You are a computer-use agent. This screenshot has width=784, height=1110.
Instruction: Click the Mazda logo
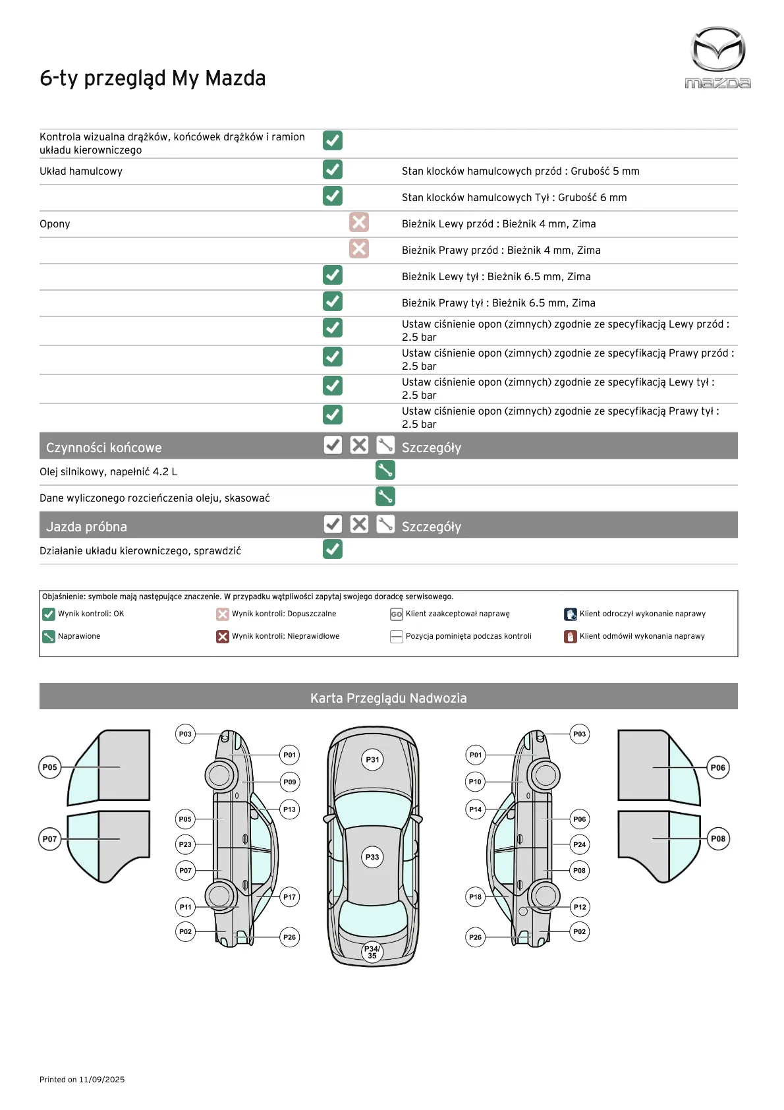tap(717, 57)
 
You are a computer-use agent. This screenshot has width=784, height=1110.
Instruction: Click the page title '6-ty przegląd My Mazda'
tap(153, 78)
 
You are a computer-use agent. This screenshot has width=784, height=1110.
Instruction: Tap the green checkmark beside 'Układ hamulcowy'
tap(333, 169)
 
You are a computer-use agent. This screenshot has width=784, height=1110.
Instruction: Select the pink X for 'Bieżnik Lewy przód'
tap(359, 222)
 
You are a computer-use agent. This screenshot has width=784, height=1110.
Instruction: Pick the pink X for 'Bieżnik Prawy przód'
tap(359, 248)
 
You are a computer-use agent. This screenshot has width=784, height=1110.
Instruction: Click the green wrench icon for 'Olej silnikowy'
tap(385, 470)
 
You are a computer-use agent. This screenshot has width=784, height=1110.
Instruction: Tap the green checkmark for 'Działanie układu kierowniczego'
tap(333, 549)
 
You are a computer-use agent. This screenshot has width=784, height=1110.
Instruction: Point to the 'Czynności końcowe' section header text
tap(103, 448)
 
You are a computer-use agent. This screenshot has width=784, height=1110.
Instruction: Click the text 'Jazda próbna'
tap(86, 527)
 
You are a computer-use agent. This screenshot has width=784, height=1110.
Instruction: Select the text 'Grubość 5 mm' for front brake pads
tap(605, 171)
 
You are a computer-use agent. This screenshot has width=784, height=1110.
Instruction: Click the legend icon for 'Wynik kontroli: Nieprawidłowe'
tap(223, 636)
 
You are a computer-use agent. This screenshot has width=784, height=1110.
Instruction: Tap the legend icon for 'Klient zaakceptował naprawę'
tap(397, 614)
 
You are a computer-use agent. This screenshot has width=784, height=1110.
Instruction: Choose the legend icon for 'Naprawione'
tap(49, 636)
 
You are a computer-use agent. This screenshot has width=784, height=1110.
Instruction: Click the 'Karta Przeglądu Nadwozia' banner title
tap(389, 698)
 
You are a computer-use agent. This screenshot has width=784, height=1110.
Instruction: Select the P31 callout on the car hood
tap(373, 759)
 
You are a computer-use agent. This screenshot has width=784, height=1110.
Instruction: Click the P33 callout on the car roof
tap(373, 857)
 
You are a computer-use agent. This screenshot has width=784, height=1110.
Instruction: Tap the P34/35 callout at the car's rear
tap(372, 952)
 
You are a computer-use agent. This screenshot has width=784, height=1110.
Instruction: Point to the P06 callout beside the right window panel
tap(718, 767)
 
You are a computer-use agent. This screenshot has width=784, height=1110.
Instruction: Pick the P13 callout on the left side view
tap(290, 809)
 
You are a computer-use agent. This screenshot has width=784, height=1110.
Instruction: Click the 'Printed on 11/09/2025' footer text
tap(82, 1080)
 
